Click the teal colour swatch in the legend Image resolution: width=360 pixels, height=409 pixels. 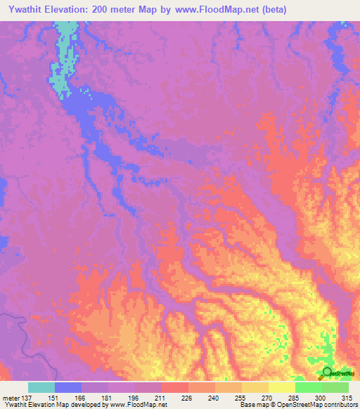pos(41,387)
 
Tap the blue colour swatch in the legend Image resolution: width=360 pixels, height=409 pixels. pos(68,387)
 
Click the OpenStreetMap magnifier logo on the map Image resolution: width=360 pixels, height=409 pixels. pos(326,372)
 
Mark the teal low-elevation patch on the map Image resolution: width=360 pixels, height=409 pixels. pos(63,56)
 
